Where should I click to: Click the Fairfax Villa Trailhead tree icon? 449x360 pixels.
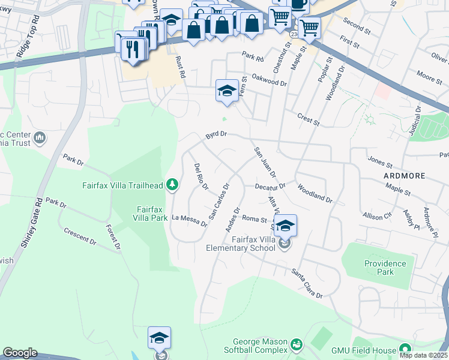[172, 185]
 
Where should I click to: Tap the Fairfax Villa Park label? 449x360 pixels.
[151, 214]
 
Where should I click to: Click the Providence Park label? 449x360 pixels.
[385, 268]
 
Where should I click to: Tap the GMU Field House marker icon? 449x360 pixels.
[405, 349]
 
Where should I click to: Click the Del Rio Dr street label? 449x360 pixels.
[200, 177]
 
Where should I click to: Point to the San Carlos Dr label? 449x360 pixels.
[219, 201]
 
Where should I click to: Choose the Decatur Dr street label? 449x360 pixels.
[270, 187]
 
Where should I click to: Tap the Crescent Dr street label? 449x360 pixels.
[80, 236]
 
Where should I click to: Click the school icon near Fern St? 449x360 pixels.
[226, 91]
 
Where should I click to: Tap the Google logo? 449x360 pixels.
[20, 352]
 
